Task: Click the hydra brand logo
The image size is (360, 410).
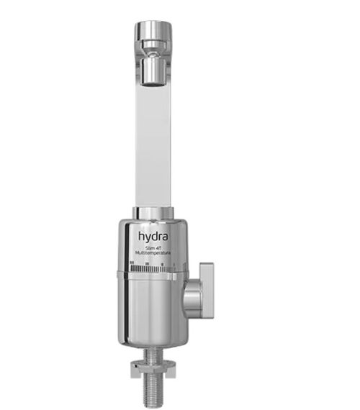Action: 153,236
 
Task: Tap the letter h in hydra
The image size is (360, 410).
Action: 141,235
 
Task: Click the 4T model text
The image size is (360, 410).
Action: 159,248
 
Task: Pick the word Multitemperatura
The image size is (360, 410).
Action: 153,254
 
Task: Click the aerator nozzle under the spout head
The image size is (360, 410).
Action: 153,69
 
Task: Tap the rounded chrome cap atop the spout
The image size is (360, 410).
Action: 153,32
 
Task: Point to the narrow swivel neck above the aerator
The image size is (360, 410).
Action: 153,51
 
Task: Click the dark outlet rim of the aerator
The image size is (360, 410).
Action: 153,81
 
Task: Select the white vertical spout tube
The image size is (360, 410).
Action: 153,144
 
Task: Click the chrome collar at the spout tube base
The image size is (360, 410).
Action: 153,213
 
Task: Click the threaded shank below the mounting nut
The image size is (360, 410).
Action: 153,392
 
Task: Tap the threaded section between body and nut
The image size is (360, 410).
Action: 153,352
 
